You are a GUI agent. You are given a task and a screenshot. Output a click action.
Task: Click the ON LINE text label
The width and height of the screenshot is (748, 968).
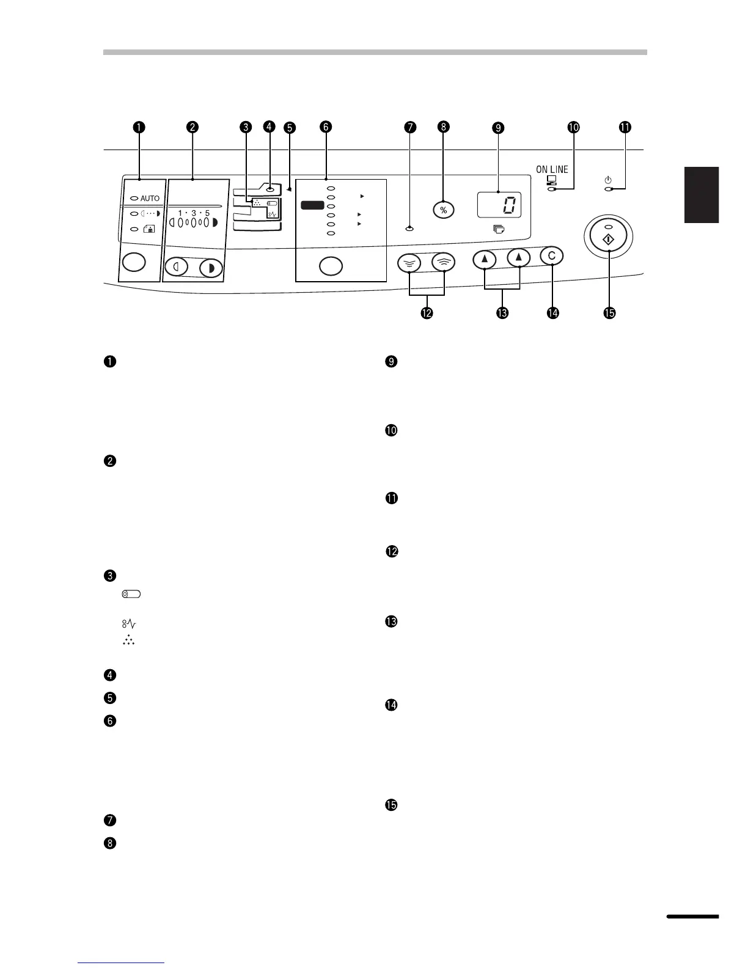pos(552,169)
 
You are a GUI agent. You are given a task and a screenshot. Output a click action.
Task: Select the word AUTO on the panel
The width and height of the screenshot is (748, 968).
pos(150,199)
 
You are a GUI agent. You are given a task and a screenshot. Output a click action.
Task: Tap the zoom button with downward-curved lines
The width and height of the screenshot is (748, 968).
pos(409,263)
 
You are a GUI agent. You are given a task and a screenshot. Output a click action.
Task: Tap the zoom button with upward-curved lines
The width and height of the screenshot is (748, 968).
pos(443,263)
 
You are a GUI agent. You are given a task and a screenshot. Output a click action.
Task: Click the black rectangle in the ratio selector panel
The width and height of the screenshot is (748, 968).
pos(312,206)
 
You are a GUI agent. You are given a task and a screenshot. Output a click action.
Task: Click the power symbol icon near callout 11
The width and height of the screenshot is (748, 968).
pos(607,180)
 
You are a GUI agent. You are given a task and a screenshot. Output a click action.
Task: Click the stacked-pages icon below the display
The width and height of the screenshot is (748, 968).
pos(499,229)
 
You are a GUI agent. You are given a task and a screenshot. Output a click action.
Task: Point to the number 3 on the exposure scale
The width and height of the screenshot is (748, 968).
pos(193,213)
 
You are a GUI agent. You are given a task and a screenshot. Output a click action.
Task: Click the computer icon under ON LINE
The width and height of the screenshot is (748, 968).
pos(552,180)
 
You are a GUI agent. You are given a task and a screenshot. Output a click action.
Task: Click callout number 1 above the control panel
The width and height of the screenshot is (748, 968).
pos(140,127)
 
